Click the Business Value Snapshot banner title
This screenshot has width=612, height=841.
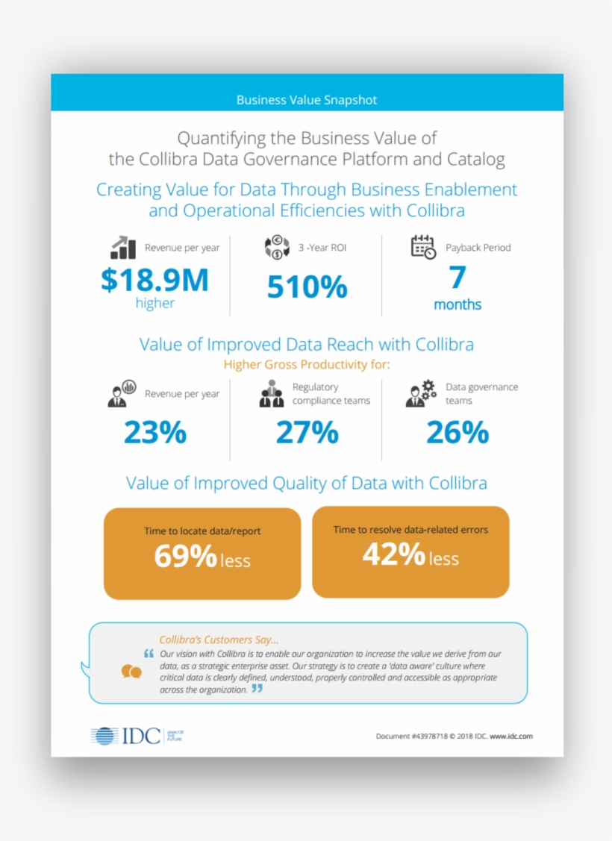[306, 100]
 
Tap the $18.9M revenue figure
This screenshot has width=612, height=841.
[154, 279]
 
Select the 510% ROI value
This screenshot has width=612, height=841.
[307, 287]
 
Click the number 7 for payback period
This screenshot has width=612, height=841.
[457, 277]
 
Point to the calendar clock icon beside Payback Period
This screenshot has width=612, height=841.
[423, 247]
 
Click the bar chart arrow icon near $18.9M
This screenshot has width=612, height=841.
[122, 248]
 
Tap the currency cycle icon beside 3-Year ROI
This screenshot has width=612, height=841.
[277, 248]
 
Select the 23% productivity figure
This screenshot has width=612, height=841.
[154, 433]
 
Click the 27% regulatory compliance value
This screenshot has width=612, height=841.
[307, 433]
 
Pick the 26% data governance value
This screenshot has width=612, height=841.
[457, 433]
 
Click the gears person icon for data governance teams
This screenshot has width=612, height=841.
[421, 393]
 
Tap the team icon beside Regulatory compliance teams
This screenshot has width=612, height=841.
[272, 394]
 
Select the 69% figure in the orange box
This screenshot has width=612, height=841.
[185, 557]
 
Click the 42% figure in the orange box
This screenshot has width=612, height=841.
[393, 554]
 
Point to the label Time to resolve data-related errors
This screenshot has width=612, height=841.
[410, 530]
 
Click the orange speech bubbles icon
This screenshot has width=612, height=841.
[131, 672]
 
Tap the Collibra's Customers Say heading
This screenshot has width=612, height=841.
[219, 640]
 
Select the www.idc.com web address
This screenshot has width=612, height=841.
[511, 736]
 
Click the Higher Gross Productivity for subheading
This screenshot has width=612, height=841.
[307, 365]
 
